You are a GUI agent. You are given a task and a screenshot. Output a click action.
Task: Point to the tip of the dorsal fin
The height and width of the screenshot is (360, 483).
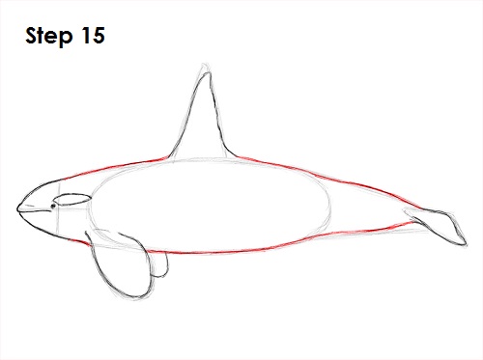click(204, 70)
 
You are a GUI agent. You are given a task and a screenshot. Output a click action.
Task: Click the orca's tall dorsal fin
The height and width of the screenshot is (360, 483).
click(203, 121)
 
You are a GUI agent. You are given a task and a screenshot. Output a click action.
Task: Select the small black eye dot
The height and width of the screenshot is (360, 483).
click(53, 204)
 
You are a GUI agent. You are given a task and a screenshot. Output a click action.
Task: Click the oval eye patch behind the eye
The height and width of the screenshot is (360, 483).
click(72, 200)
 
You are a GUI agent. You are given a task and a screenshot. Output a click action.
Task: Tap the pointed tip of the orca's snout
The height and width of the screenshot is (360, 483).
click(17, 207)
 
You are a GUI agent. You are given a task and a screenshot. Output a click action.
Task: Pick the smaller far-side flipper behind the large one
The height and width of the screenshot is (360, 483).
click(155, 261)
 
